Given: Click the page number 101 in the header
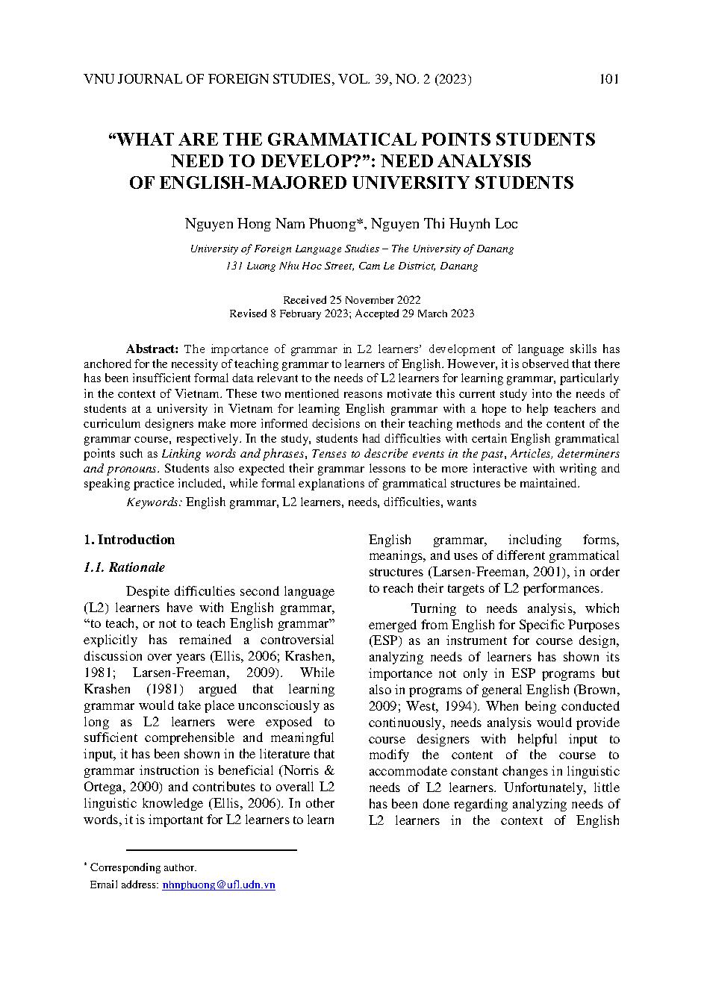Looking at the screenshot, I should pyautogui.click(x=608, y=80).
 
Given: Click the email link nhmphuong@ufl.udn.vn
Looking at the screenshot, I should pyautogui.click(x=219, y=885).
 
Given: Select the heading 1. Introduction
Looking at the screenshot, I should pyautogui.click(x=129, y=540).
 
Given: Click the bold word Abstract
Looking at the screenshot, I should pyautogui.click(x=152, y=349).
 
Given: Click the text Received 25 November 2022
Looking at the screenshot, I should pyautogui.click(x=352, y=300).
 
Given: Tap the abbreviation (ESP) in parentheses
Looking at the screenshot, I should pyautogui.click(x=384, y=640).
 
